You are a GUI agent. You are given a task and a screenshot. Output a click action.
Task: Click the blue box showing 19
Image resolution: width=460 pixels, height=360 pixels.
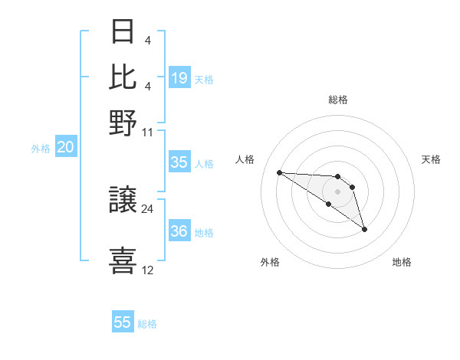[179, 77]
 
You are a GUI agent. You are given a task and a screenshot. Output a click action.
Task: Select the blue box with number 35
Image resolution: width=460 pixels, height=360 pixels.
[179, 162]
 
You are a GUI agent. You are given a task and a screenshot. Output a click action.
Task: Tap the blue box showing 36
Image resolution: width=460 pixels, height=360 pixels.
[179, 231]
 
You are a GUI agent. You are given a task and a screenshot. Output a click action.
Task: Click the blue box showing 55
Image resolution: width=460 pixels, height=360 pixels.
[123, 322]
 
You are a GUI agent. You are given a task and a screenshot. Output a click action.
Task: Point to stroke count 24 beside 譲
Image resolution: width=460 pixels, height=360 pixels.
[148, 208]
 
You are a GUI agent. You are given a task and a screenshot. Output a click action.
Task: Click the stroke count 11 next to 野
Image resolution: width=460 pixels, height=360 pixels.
[148, 131]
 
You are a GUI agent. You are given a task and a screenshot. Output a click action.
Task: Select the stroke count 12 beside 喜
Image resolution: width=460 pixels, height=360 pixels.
[148, 270]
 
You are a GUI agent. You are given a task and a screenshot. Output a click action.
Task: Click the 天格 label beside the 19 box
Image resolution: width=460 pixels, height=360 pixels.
[204, 79]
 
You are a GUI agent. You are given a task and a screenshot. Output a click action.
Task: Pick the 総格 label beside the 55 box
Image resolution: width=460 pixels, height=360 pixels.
[147, 324]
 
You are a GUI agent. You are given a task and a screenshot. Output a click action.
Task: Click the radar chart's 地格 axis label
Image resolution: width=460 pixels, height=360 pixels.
[402, 263]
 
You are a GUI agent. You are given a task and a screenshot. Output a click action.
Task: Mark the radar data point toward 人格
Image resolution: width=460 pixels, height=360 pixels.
[280, 172]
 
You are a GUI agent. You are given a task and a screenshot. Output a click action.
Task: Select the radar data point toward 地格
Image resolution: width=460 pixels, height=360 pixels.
[364, 229]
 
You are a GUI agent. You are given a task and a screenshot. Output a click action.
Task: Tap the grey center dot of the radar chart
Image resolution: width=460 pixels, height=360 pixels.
[337, 191]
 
